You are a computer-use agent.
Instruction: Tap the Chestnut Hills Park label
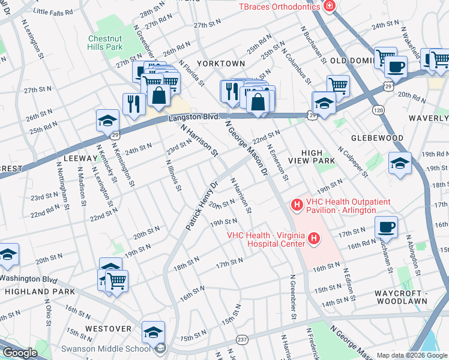(105, 43)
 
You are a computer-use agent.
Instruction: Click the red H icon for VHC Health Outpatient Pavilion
(297, 206)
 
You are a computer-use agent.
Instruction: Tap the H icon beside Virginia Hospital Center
(313, 240)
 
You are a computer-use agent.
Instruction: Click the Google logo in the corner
(19, 353)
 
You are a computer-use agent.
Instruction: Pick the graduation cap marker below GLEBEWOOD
(400, 163)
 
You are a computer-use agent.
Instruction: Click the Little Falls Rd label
(53, 11)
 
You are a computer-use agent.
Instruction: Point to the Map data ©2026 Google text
(411, 355)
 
